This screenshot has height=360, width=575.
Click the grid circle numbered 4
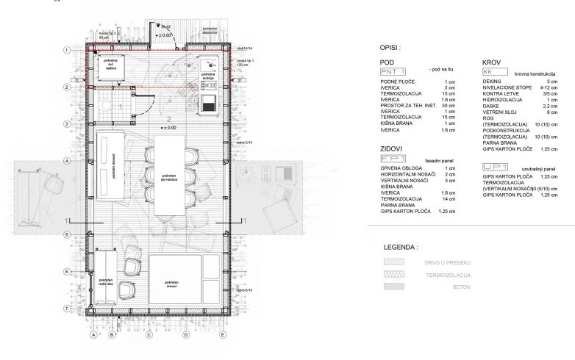[x=67, y=161]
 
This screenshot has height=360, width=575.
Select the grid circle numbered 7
[x=67, y=309]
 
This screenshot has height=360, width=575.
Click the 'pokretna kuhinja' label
[x=208, y=75]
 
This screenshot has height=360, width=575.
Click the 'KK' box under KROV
[x=489, y=73]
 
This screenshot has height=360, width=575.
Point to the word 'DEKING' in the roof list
[x=493, y=81]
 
